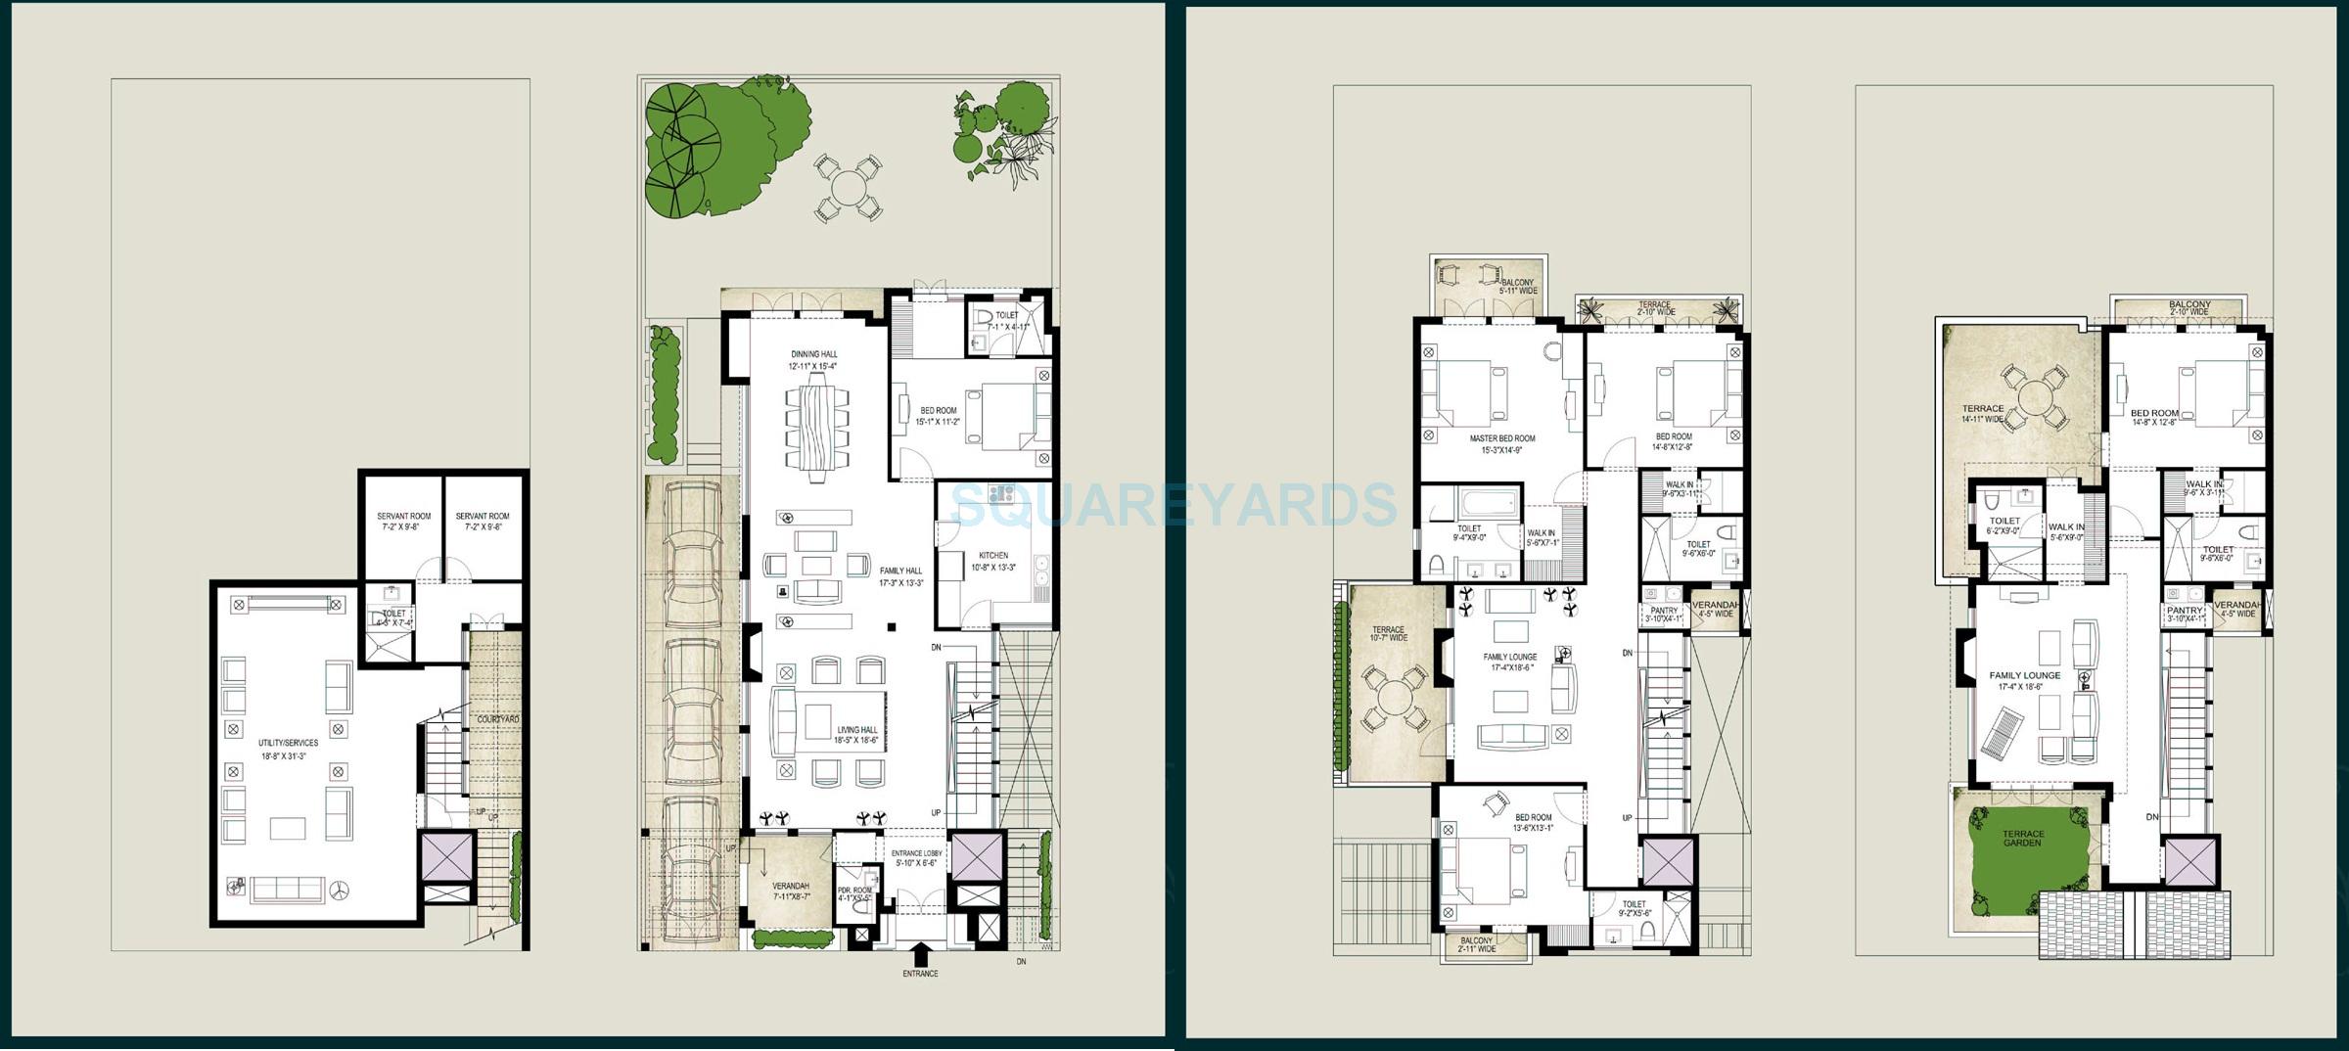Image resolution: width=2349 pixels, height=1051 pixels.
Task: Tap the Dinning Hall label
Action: pyautogui.click(x=813, y=360)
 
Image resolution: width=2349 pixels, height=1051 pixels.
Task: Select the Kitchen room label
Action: pyautogui.click(x=992, y=561)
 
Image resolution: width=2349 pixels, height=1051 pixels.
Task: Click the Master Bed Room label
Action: pyautogui.click(x=1501, y=444)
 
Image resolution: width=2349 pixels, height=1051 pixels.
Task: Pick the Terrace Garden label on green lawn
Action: pyautogui.click(x=2022, y=839)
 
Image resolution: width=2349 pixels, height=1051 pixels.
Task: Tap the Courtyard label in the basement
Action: pyautogui.click(x=497, y=719)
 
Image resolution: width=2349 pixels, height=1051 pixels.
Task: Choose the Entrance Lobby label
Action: pyautogui.click(x=916, y=858)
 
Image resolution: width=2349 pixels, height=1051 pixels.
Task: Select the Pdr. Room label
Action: pyautogui.click(x=853, y=894)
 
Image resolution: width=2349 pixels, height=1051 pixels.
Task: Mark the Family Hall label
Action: pyautogui.click(x=900, y=576)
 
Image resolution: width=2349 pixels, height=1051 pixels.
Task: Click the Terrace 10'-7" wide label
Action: pyautogui.click(x=1388, y=633)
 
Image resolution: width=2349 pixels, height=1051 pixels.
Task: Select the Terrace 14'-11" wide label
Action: pyautogui.click(x=1983, y=414)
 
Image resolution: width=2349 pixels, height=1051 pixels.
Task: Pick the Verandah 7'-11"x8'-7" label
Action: pyautogui.click(x=791, y=890)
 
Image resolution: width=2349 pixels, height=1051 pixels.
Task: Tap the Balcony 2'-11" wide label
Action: pyautogui.click(x=1476, y=944)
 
